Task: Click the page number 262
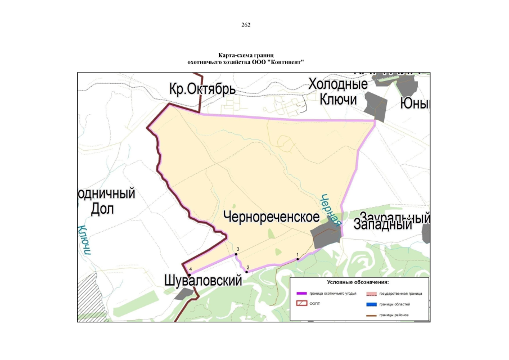click(x=245, y=25)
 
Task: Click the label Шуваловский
click(x=203, y=280)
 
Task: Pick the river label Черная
click(x=331, y=209)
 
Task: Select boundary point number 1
click(x=298, y=259)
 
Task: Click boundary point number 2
click(x=246, y=272)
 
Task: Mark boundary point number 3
click(x=237, y=254)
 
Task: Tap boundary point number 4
click(x=190, y=274)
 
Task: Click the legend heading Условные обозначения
click(x=358, y=282)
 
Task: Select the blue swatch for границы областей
click(x=371, y=304)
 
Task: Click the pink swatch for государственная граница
click(x=371, y=294)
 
